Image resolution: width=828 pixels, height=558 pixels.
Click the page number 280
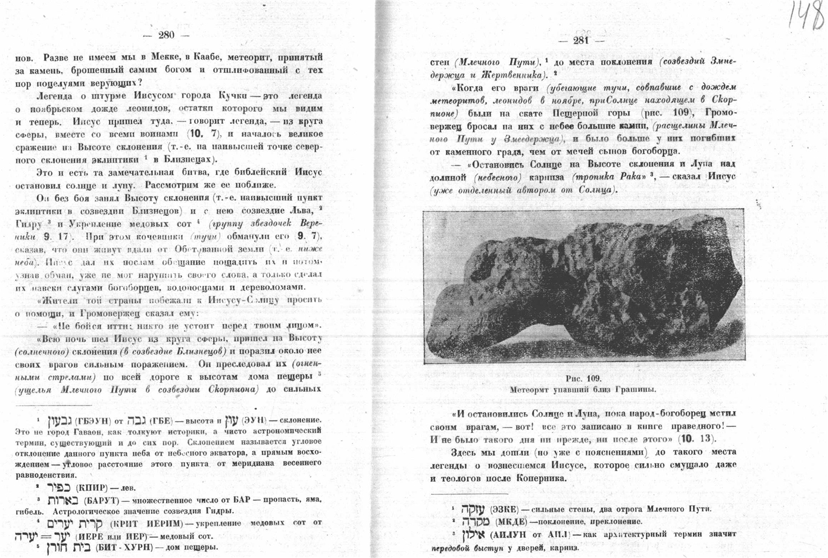tap(166, 35)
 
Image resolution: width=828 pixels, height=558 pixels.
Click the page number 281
tap(581, 40)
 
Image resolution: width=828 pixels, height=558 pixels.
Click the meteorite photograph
tap(585, 288)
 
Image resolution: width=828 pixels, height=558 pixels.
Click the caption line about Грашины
tap(583, 389)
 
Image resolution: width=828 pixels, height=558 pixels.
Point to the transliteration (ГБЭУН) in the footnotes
tap(94, 421)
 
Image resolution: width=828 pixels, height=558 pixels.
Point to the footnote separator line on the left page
tap(54, 405)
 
